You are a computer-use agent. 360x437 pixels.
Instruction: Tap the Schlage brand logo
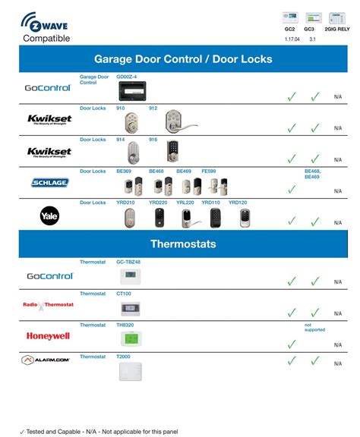click(49, 183)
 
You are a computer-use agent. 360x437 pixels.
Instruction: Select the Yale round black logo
click(49, 216)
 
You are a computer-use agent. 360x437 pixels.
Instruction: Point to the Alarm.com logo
click(48, 360)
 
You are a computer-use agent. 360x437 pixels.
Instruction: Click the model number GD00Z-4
click(126, 77)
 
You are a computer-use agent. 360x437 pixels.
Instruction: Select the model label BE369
click(124, 171)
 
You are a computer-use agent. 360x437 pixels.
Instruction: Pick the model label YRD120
click(238, 203)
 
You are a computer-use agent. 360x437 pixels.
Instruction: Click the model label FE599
click(207, 171)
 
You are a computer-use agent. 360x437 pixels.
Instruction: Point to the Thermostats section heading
click(183, 244)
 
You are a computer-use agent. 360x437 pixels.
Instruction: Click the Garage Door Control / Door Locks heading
click(183, 58)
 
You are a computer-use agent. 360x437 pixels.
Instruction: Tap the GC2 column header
click(289, 29)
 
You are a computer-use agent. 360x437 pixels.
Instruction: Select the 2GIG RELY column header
click(337, 29)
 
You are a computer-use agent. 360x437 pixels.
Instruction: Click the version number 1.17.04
click(289, 38)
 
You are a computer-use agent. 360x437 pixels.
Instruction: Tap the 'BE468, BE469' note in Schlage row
click(313, 174)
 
